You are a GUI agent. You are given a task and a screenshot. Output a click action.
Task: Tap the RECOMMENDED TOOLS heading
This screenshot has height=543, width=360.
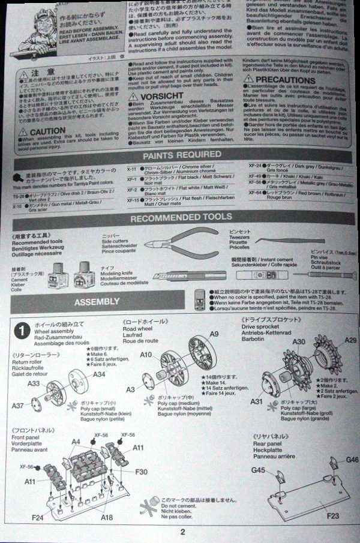pos(181,217)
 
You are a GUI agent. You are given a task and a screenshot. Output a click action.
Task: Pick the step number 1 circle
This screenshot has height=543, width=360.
pos(22,330)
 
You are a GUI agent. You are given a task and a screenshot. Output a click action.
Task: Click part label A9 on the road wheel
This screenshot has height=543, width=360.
pos(214,334)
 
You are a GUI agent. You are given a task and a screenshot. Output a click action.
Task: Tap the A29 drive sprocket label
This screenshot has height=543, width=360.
pos(350,340)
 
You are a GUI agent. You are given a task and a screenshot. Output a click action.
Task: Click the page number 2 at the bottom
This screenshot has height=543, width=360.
pos(182,531)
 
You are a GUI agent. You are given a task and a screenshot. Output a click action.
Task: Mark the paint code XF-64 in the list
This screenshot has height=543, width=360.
pos(255,193)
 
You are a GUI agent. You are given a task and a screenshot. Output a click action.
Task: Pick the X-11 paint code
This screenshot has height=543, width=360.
pos(133,170)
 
